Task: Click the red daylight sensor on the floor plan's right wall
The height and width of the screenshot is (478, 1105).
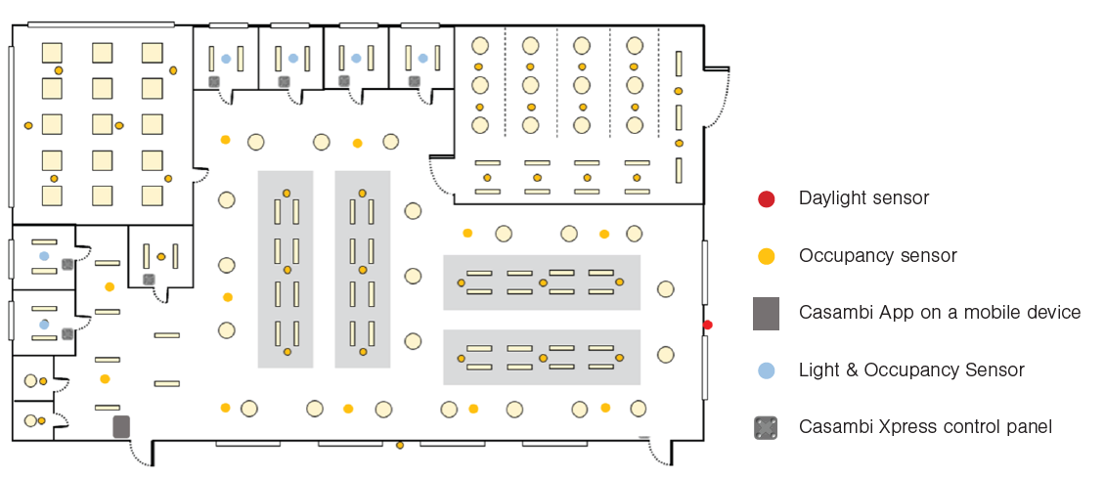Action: (708, 325)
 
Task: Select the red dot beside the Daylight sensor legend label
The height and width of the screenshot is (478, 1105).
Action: (766, 199)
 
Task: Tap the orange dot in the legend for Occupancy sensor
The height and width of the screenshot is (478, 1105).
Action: (766, 256)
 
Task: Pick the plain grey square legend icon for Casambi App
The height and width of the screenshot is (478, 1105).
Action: (766, 313)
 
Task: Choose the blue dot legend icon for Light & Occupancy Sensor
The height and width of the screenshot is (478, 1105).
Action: (766, 370)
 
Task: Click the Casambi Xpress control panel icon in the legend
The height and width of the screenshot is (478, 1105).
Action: (766, 427)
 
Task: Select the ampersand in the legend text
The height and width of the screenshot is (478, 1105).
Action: (844, 370)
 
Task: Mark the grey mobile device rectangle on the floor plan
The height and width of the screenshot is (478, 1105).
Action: (121, 426)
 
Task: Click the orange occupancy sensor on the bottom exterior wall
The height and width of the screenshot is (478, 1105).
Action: (400, 446)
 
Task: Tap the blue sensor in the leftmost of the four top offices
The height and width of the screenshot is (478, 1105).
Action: (226, 59)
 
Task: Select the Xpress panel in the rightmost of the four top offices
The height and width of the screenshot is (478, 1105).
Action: (415, 81)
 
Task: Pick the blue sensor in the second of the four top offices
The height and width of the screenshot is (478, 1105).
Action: (293, 59)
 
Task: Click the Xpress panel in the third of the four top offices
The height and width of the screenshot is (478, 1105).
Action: (344, 81)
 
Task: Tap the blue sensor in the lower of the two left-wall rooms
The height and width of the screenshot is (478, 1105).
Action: (44, 324)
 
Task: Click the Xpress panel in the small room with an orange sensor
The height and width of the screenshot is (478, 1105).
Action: (149, 280)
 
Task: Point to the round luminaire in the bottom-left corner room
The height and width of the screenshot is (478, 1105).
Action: (30, 420)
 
